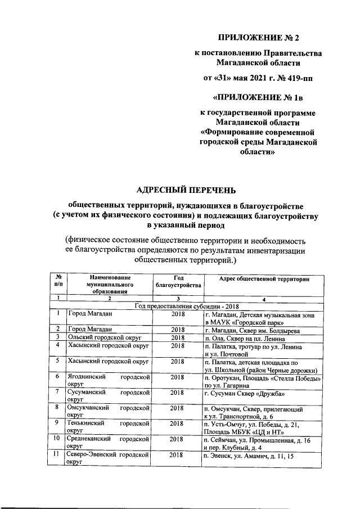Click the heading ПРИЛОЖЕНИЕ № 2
(x=259, y=38)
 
